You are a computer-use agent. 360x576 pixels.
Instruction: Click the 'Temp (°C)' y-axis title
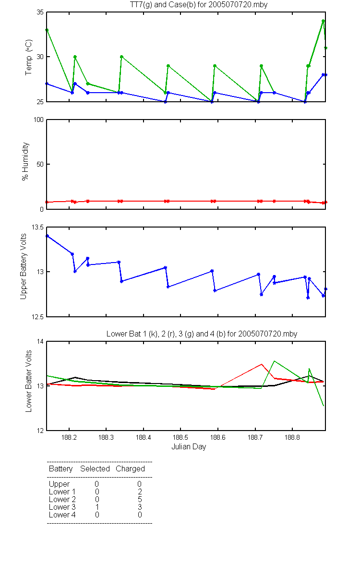28,57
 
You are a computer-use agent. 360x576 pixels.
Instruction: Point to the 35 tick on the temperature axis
40,12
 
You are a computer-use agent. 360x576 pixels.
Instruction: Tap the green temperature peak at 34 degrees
323,21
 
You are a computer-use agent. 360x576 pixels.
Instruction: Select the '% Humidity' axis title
25,161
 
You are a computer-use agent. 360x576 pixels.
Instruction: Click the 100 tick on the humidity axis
38,120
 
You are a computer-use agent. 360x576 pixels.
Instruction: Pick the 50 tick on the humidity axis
40,164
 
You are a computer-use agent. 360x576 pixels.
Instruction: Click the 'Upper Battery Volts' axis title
23,266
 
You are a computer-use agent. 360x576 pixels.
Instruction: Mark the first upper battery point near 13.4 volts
47,236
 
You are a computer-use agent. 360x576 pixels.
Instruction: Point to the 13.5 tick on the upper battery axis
37,228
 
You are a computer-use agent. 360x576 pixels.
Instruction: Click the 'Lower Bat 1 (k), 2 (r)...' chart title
202,334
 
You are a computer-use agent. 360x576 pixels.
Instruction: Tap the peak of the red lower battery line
262,364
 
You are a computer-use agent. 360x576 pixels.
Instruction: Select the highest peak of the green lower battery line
275,361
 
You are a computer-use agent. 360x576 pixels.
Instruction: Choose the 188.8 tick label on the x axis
292,437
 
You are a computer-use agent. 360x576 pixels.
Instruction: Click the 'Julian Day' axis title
189,447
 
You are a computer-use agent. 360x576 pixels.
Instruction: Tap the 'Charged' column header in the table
130,469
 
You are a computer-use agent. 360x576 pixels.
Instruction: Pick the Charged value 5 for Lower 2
140,499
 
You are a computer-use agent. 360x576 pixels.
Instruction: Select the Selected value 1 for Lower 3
97,507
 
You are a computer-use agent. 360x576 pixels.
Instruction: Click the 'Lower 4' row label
62,515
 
